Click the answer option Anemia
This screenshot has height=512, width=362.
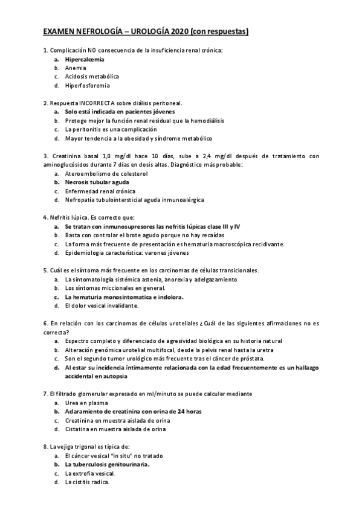point(76,68)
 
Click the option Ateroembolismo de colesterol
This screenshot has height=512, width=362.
point(106,173)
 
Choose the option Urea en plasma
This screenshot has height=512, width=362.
point(86,402)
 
